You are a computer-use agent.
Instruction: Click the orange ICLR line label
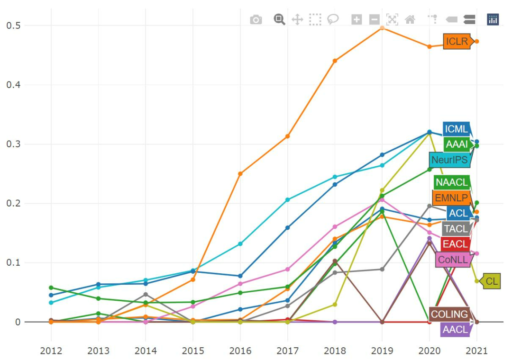click(457, 42)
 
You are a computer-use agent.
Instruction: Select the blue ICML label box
click(456, 129)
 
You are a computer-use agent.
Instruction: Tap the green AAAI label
click(457, 144)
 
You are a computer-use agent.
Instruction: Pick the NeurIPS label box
click(449, 160)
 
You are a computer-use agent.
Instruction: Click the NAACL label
click(451, 182)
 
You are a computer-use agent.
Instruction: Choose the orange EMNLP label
click(450, 198)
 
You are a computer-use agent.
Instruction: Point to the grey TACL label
click(455, 229)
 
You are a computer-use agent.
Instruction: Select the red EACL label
click(455, 244)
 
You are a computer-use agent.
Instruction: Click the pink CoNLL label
click(453, 260)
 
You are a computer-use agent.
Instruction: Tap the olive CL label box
click(492, 281)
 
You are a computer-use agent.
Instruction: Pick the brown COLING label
click(449, 314)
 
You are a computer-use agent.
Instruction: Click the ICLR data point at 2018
click(335, 61)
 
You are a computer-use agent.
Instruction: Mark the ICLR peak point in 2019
click(382, 28)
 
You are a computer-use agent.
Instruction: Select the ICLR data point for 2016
click(240, 174)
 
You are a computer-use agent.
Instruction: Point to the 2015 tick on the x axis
click(192, 351)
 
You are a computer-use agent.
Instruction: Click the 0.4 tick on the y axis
click(13, 85)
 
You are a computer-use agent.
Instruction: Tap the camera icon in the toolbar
click(256, 19)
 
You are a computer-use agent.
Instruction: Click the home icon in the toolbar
click(410, 19)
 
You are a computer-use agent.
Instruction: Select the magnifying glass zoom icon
click(279, 19)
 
